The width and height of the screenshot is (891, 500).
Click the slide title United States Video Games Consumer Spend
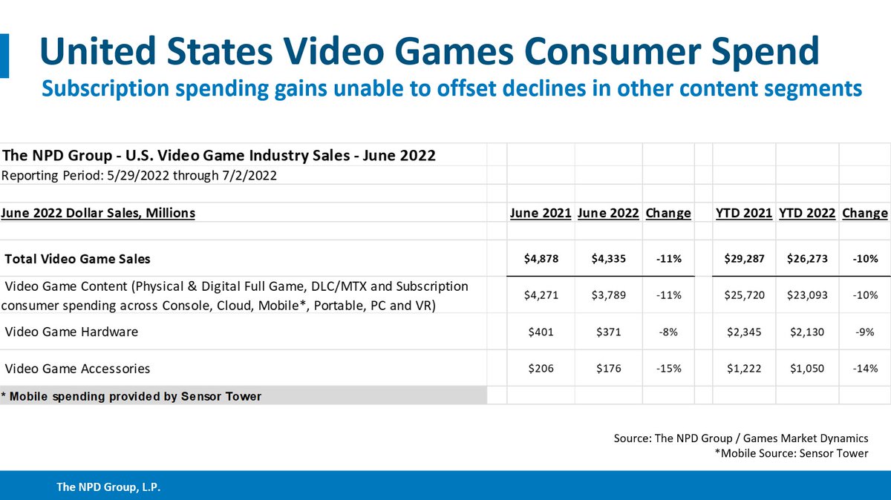(x=430, y=53)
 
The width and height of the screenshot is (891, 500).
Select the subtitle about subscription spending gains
(x=451, y=88)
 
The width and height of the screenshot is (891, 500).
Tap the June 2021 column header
(x=540, y=213)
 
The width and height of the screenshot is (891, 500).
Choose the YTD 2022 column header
(x=806, y=213)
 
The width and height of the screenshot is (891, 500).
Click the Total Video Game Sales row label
(x=77, y=259)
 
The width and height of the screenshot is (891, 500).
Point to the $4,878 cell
(x=540, y=259)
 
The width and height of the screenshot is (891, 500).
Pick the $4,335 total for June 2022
(x=607, y=259)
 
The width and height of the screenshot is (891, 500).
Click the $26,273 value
(x=806, y=259)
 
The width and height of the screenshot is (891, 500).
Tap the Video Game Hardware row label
(x=71, y=332)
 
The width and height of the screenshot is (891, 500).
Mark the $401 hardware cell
(x=540, y=332)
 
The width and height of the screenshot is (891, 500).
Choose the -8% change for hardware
(x=668, y=332)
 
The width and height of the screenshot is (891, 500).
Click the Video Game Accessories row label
(x=77, y=368)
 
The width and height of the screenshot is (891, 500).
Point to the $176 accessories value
(x=607, y=368)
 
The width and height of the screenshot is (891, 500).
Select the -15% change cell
(x=668, y=368)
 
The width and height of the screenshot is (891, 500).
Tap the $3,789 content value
(x=607, y=295)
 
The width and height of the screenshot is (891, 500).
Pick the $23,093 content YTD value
(x=806, y=295)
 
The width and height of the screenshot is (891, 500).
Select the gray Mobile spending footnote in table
(x=131, y=396)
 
